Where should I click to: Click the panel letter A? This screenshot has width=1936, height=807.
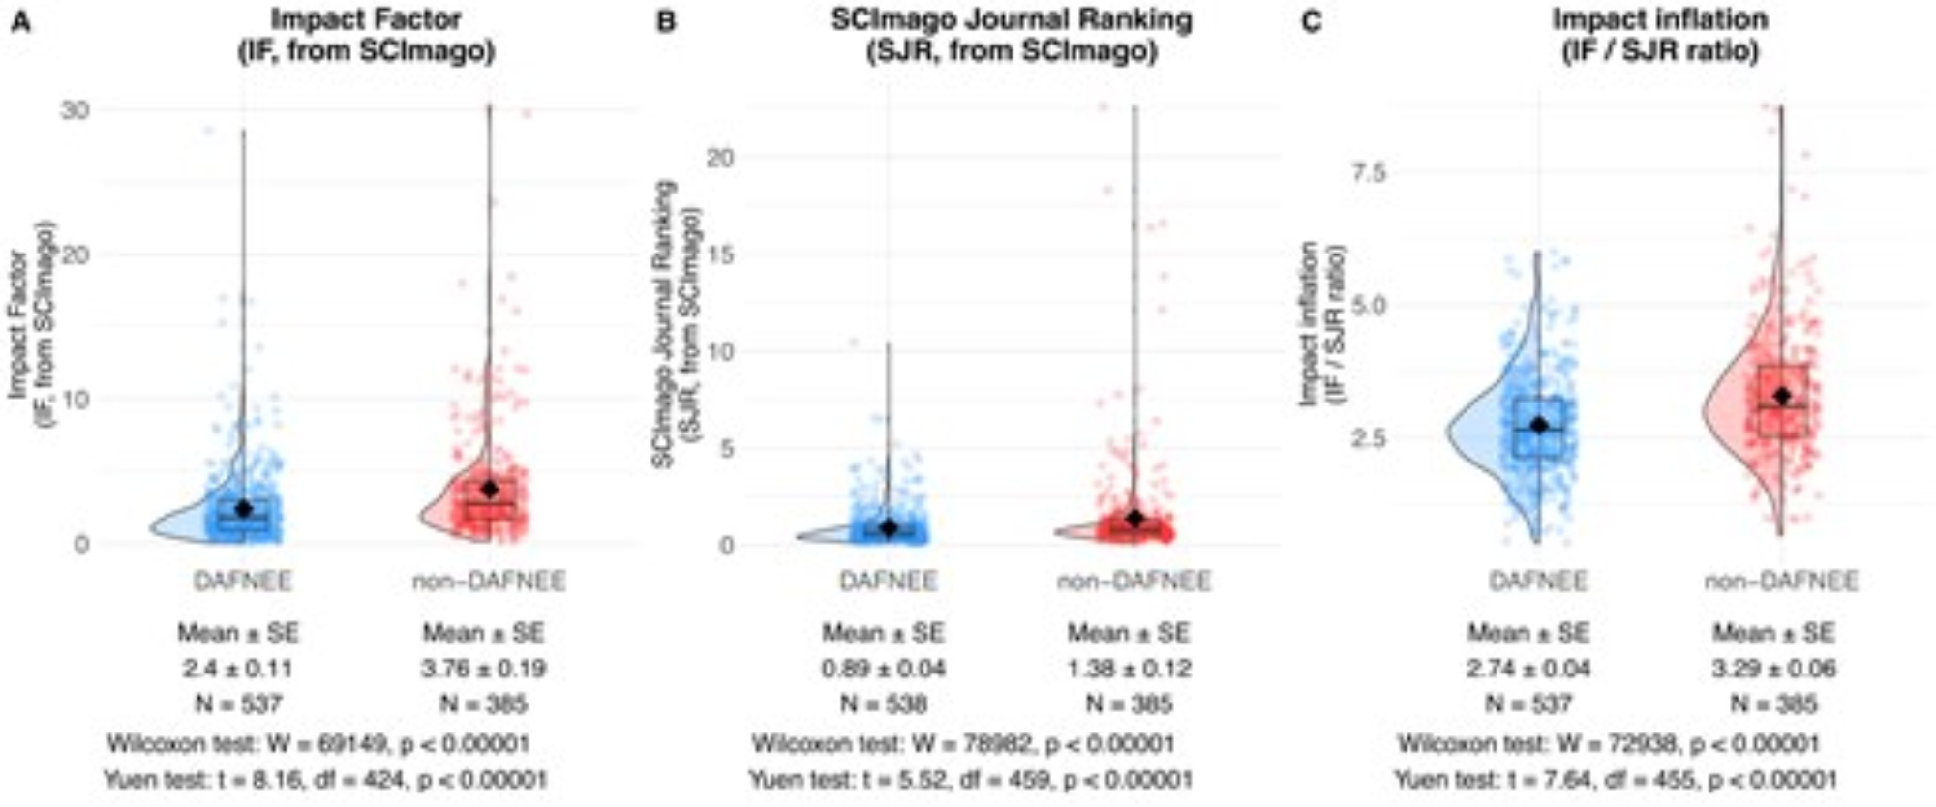[x=19, y=21]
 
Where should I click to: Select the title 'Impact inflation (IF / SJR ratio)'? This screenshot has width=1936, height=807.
[x=1659, y=35]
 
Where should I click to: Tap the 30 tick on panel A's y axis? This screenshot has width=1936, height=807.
[x=76, y=110]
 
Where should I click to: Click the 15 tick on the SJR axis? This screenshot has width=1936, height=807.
[x=720, y=255]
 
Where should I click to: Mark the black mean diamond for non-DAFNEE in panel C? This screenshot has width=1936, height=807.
[x=1782, y=396]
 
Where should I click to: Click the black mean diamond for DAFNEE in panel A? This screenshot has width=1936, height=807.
[x=243, y=509]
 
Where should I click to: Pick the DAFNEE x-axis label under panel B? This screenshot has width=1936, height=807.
[x=888, y=581]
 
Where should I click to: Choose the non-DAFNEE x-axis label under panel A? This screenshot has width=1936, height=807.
[x=489, y=581]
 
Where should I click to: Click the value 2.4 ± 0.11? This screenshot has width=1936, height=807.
[x=238, y=669]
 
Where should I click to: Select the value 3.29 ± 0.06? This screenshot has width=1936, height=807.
[x=1773, y=669]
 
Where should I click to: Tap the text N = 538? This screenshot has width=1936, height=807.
[x=883, y=703]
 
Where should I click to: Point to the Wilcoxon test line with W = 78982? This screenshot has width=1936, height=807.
[x=963, y=744]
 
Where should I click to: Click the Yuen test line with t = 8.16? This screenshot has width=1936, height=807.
[x=325, y=779]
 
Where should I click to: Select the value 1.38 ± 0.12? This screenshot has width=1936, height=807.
[x=1129, y=669]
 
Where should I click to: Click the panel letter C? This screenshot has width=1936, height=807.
[x=1311, y=21]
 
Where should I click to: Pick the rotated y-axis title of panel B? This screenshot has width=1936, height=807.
[x=676, y=324]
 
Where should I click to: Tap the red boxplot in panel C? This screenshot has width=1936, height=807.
[x=1783, y=401]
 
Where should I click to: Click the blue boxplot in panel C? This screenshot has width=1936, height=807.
[x=1538, y=427]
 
